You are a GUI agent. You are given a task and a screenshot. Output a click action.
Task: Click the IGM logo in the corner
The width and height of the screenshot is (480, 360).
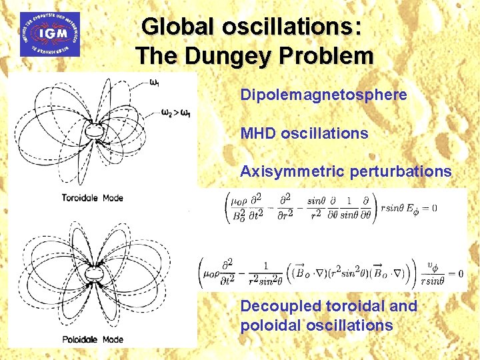coord(51,33)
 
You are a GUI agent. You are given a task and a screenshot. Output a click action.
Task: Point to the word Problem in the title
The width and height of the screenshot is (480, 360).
coord(329,55)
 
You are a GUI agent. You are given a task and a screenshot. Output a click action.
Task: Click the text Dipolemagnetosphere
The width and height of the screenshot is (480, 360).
coord(323,95)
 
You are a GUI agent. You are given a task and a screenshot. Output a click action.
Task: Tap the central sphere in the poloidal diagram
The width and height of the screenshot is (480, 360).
coord(97,274)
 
